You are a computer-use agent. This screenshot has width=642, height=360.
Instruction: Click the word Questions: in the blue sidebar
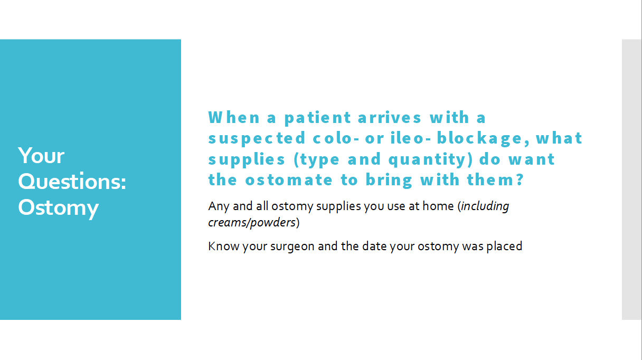(72, 182)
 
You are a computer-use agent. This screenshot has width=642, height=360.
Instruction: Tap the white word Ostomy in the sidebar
(58, 208)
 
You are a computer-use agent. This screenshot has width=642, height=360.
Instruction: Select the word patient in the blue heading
(318, 117)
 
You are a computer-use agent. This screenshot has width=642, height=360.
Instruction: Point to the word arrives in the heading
(390, 117)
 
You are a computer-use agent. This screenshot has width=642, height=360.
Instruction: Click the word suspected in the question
(257, 138)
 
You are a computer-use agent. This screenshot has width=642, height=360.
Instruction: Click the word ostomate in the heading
(289, 180)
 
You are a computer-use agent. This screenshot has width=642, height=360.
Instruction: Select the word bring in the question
(391, 180)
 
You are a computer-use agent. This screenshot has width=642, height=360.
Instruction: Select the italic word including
(485, 206)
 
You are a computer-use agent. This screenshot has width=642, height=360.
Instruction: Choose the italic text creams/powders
(252, 222)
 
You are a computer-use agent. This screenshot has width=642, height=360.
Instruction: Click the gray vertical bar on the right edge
(631, 179)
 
